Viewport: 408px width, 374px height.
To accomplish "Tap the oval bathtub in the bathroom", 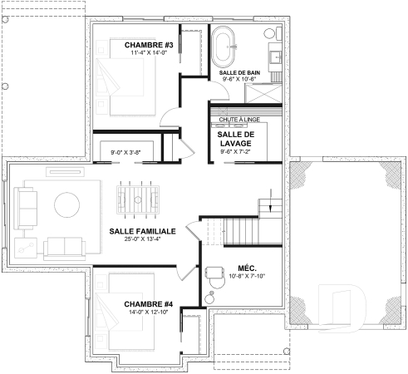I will tap(225, 47).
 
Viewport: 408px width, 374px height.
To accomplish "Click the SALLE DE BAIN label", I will tap(241, 73).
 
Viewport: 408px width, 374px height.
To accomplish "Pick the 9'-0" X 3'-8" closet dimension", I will tap(125, 152).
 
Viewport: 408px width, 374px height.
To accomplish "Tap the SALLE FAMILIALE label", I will tap(142, 231).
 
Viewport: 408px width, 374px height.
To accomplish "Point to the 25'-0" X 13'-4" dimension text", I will tap(142, 241).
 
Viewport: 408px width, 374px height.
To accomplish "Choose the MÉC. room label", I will tap(246, 268).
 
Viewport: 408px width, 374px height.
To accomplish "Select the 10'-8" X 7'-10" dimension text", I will tap(244, 278).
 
